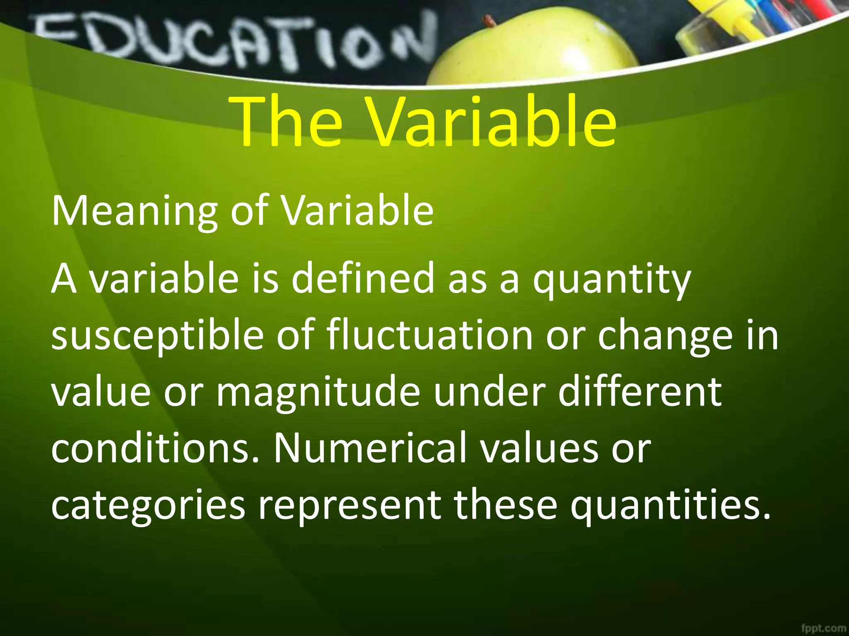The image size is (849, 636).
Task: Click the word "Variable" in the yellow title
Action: [492, 122]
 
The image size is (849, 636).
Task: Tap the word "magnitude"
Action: [318, 393]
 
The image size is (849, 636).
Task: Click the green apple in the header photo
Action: [535, 50]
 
